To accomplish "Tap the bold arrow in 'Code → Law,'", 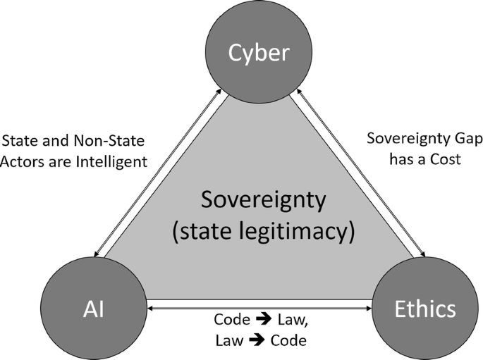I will pos(264,320).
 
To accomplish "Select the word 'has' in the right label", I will pos(396,159).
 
